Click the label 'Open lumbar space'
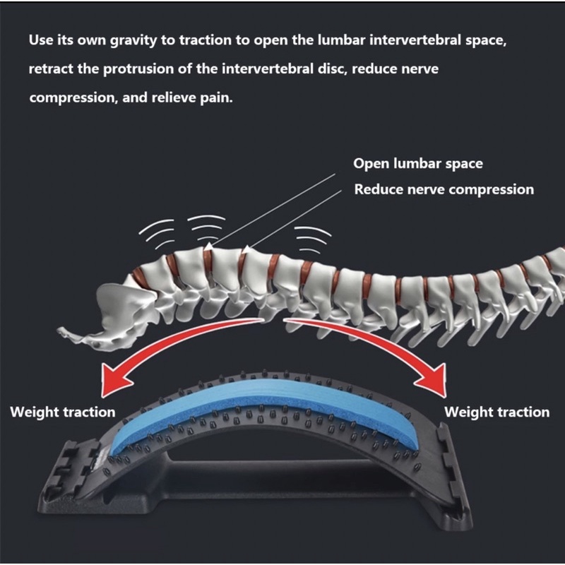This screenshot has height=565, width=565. pyautogui.click(x=418, y=164)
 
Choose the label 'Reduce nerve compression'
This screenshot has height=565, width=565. pyautogui.click(x=444, y=189)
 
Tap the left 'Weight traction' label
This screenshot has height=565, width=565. pyautogui.click(x=62, y=412)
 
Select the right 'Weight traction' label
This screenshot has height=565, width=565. pyautogui.click(x=496, y=412)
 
